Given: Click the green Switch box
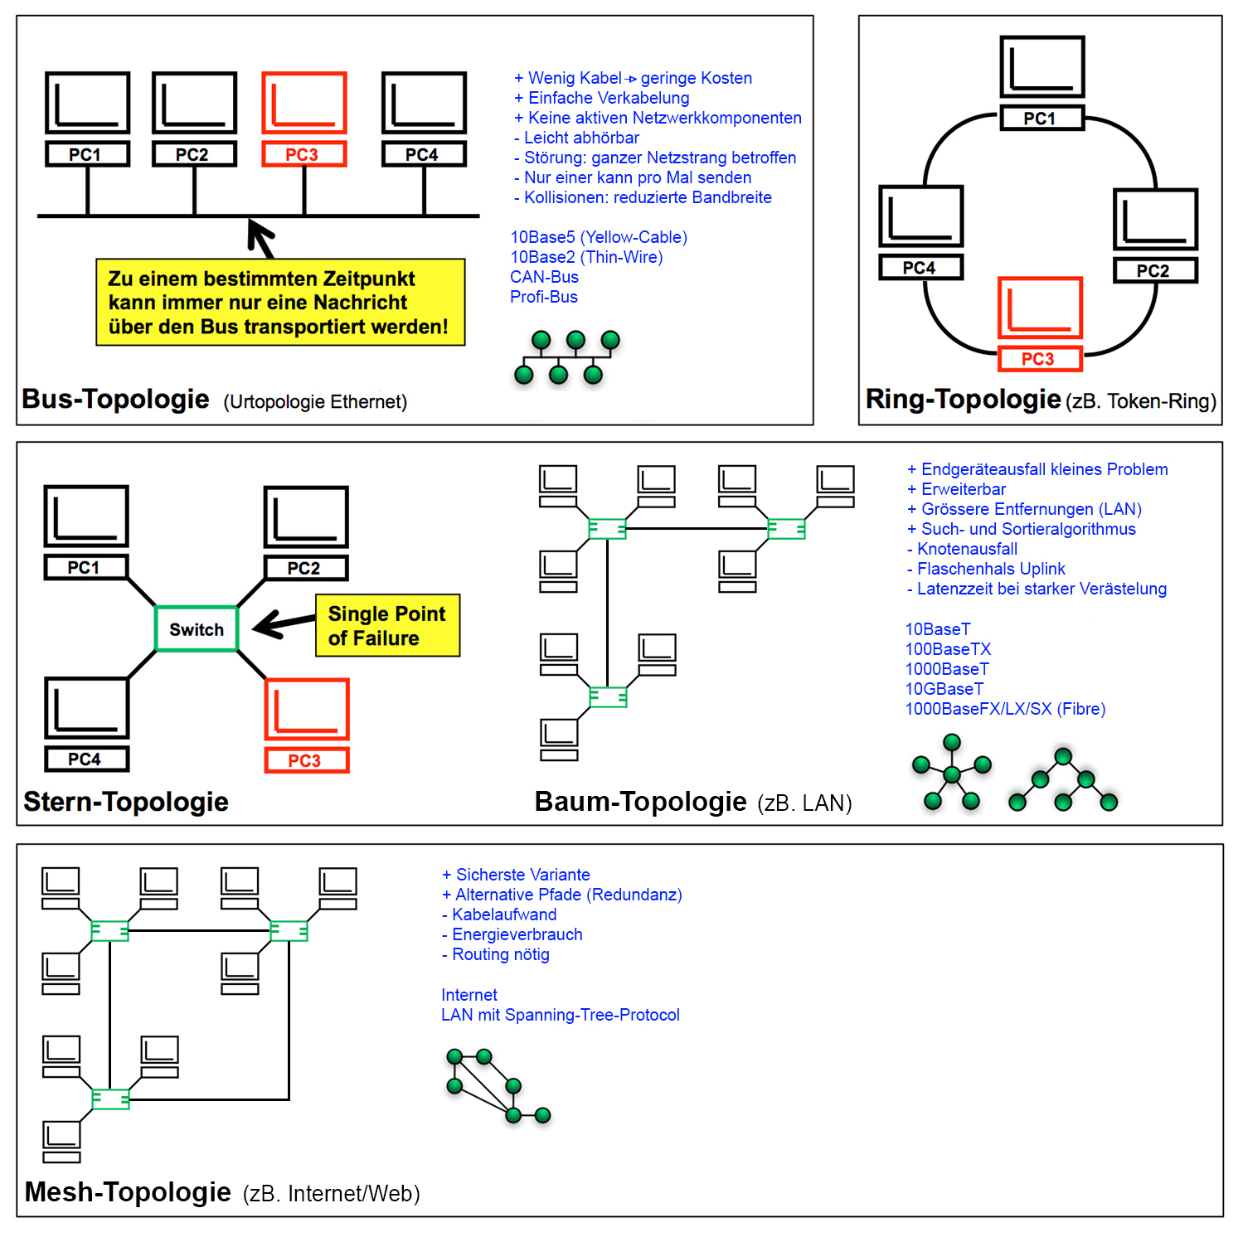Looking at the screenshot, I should [197, 629].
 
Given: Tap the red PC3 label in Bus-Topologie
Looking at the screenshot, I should [303, 155].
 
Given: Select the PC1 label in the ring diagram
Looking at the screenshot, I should [1041, 119].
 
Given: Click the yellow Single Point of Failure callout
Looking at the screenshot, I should [387, 626].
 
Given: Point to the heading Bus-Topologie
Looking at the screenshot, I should [115, 400].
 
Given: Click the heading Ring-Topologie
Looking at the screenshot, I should [963, 400].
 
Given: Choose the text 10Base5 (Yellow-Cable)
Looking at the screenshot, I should [599, 238].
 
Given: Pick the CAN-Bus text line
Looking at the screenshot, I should [544, 278].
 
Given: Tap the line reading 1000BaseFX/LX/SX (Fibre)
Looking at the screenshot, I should [1005, 710].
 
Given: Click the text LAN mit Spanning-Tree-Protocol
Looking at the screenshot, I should [561, 1016].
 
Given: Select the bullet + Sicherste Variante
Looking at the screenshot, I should [516, 876].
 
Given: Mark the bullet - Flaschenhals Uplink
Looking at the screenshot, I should [986, 570].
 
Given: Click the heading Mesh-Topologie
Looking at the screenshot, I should [128, 1192].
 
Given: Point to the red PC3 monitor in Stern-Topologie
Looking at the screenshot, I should [307, 710].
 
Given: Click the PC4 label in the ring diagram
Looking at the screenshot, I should [920, 268].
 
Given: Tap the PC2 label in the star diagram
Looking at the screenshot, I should [305, 569].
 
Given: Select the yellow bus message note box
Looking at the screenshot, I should [280, 303].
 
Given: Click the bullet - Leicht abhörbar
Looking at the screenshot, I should [577, 138].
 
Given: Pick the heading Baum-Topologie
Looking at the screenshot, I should [640, 803].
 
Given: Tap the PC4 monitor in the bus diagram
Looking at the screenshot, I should [424, 103].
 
